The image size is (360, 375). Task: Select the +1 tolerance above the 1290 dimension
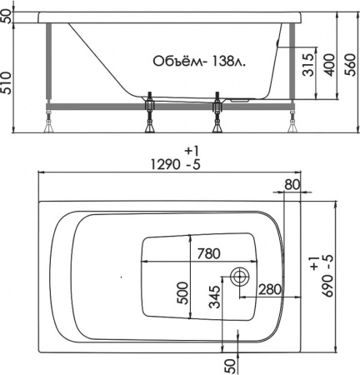pyautogui.click(x=192, y=150)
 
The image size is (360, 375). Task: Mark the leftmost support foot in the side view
pyautogui.click(x=47, y=122)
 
